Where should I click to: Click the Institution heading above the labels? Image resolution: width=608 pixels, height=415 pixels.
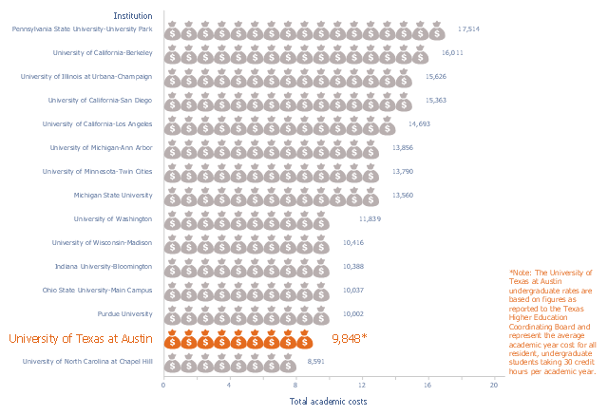pyautogui.click(x=133, y=16)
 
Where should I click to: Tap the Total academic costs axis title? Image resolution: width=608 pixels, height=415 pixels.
pyautogui.click(x=328, y=402)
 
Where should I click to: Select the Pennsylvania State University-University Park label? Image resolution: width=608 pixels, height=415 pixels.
pyautogui.click(x=83, y=29)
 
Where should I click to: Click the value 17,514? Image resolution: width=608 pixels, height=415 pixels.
pyautogui.click(x=468, y=29)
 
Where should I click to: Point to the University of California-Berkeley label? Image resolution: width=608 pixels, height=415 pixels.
pyautogui.click(x=103, y=52)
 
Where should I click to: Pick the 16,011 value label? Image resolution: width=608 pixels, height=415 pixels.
pyautogui.click(x=452, y=52)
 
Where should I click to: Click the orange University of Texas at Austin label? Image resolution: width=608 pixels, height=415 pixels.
pyautogui.click(x=81, y=339)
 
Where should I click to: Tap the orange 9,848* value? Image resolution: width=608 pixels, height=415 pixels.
pyautogui.click(x=350, y=339)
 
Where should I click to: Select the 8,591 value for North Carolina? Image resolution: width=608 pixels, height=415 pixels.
pyautogui.click(x=315, y=362)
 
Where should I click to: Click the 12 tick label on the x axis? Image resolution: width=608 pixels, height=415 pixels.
pyautogui.click(x=362, y=386)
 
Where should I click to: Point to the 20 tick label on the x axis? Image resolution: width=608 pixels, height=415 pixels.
pyautogui.click(x=494, y=386)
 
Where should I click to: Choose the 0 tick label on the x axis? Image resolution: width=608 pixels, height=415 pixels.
pyautogui.click(x=163, y=386)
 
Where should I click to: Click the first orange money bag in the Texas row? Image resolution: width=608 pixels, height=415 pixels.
pyautogui.click(x=172, y=339)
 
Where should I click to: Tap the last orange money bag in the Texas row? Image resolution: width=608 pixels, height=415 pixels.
pyautogui.click(x=305, y=339)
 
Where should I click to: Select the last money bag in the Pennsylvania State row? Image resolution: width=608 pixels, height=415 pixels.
pyautogui.click(x=437, y=30)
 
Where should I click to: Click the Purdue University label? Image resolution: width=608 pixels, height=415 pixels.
pyautogui.click(x=124, y=314)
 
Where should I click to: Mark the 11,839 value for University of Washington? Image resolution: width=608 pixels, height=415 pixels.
pyautogui.click(x=370, y=219)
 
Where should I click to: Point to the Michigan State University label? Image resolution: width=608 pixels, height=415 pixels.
pyautogui.click(x=113, y=196)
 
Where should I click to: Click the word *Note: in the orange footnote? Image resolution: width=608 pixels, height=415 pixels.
pyautogui.click(x=521, y=273)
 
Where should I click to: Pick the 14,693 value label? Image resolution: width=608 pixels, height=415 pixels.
pyautogui.click(x=419, y=124)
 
